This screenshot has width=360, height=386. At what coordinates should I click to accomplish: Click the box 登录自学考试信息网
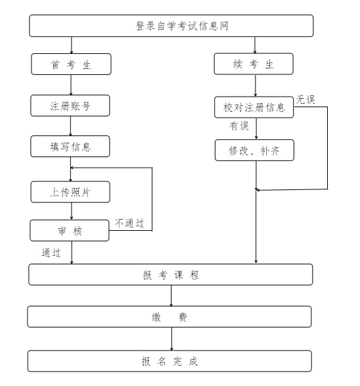(171, 26)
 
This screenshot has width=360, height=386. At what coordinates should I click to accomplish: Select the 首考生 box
(70, 64)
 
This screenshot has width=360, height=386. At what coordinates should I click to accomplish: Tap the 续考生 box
(254, 64)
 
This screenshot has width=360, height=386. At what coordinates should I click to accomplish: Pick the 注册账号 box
(70, 105)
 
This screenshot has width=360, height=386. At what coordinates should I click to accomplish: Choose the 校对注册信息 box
(254, 107)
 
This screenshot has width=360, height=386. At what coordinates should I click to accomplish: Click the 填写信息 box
(70, 146)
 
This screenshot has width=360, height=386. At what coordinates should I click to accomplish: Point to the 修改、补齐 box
(254, 150)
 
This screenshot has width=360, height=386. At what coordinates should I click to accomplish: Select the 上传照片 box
(70, 191)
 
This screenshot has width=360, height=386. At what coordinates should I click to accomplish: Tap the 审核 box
(70, 231)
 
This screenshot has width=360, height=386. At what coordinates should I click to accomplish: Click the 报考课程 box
(171, 275)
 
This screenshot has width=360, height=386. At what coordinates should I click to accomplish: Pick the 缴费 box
(171, 317)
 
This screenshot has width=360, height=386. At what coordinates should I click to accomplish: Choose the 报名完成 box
(171, 361)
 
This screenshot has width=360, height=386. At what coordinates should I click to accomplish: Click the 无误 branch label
(305, 99)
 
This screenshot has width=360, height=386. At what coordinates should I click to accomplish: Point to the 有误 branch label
(239, 126)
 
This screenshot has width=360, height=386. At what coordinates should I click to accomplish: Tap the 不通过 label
(129, 223)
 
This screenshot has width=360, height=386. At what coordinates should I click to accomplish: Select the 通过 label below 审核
(51, 253)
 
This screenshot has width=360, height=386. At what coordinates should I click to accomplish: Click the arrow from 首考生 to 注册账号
(71, 85)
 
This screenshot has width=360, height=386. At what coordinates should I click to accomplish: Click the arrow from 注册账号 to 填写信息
(71, 126)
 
